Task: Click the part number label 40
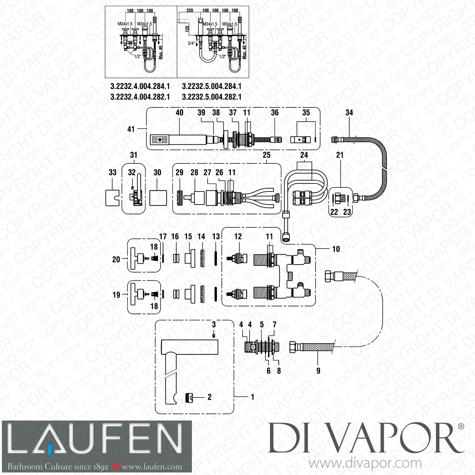coord(180,113)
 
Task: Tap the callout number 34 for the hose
coord(349,113)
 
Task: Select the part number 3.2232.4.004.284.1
coord(140,86)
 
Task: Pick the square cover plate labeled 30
coord(157,198)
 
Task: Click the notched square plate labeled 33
coord(112,199)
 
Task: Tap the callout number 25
coord(267,155)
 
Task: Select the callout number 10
coord(336,249)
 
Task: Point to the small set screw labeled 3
coord(214,334)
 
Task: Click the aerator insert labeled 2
coord(189,397)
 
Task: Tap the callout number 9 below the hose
coord(318,370)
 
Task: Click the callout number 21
coord(340,155)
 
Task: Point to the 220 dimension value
coord(190,10)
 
